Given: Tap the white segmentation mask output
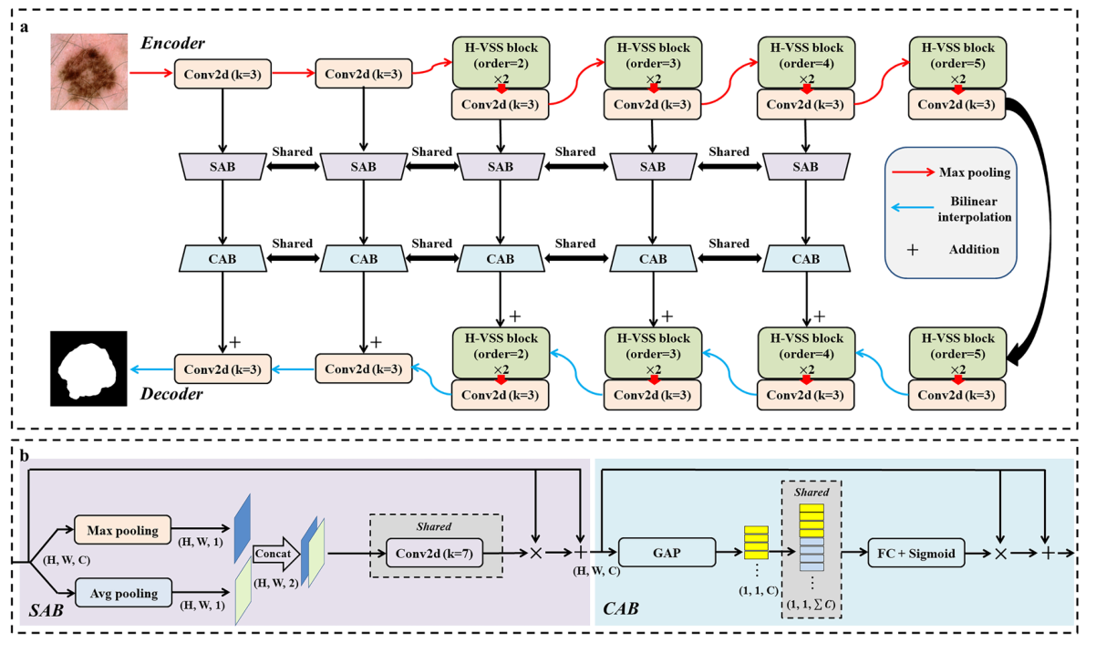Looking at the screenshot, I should pyautogui.click(x=87, y=368).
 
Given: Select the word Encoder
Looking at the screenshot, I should pyautogui.click(x=171, y=43).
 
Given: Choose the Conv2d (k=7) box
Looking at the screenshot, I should pyautogui.click(x=432, y=553).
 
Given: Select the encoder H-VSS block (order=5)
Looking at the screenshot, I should pyautogui.click(x=957, y=60).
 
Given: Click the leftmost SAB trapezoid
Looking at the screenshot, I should pyautogui.click(x=222, y=166).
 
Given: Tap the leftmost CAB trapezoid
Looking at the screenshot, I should pyautogui.click(x=222, y=259).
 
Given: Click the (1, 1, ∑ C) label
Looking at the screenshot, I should pyautogui.click(x=811, y=605).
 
